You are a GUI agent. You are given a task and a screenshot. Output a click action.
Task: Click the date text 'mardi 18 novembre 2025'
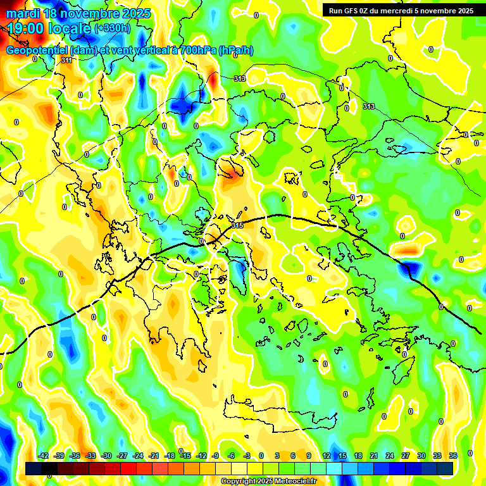pyautogui.click(x=79, y=13)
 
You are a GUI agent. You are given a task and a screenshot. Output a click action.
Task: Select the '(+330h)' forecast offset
pyautogui.click(x=113, y=28)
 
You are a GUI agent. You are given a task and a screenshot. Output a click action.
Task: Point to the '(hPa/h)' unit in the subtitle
pyautogui.click(x=235, y=51)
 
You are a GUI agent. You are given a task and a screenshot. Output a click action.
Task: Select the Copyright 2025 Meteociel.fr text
pyautogui.click(x=269, y=482)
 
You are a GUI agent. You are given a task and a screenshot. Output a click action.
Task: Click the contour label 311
pyautogui.click(x=66, y=60)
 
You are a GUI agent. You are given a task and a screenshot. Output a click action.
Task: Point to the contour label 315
pyautogui.click(x=237, y=225)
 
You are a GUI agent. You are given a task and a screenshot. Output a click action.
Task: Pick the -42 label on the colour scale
pyautogui.click(x=43, y=456)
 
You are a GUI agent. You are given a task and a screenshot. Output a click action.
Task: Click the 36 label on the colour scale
pyautogui.click(x=452, y=456)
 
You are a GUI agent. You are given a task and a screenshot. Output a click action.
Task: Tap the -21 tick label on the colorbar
pyautogui.click(x=154, y=456)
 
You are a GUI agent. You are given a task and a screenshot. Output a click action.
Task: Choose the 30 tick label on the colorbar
pyautogui.click(x=421, y=456)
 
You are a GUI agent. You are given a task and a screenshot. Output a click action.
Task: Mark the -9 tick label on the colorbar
pyautogui.click(x=215, y=456)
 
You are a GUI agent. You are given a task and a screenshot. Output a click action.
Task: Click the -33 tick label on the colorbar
pyautogui.click(x=90, y=456)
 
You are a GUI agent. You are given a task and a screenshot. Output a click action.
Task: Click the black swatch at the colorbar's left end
pyautogui.click(x=34, y=468)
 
